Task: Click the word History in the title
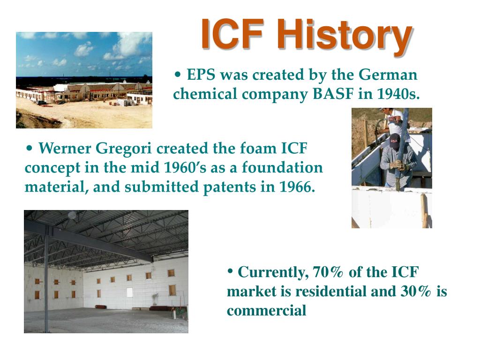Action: pyautogui.click(x=345, y=37)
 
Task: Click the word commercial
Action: pyautogui.click(x=266, y=311)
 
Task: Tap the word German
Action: pyautogui.click(x=388, y=75)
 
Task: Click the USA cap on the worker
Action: pyautogui.click(x=395, y=141)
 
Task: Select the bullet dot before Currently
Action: pyautogui.click(x=231, y=271)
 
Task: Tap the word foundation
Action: pyautogui.click(x=282, y=168)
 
